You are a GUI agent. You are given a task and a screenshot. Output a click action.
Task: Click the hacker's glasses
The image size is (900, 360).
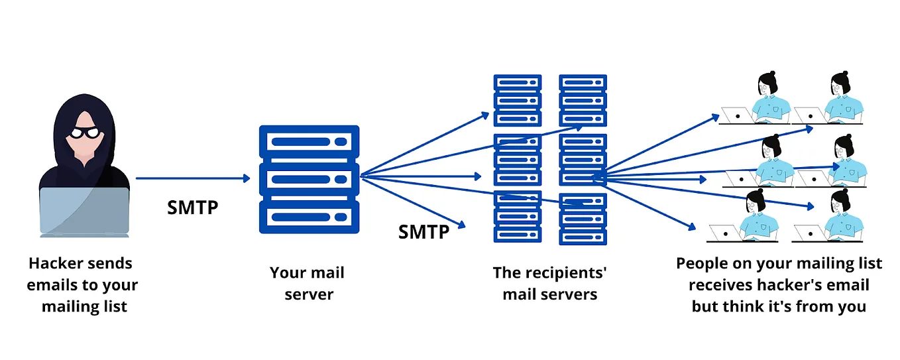coord(84,132)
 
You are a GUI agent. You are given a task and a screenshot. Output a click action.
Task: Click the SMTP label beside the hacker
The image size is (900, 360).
coord(192,207)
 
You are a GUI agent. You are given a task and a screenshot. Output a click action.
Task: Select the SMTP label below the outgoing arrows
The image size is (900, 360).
coord(423,231)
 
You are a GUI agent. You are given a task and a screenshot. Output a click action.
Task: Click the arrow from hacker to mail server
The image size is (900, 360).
coord(192,178)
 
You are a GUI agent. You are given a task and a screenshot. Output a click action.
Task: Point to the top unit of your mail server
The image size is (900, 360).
coord(309,141)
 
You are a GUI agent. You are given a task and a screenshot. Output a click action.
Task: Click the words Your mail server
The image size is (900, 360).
coord(308,283)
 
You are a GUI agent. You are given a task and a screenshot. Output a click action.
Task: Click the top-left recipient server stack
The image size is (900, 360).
coord(518,100)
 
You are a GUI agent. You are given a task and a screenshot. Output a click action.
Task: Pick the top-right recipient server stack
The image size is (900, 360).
coord(583,100)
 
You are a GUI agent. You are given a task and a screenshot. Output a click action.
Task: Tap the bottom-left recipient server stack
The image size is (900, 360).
coord(518,217)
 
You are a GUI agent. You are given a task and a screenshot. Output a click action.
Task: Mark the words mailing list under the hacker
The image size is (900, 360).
coord(84,307)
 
